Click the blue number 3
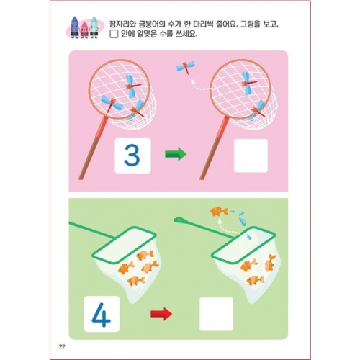click(132, 156)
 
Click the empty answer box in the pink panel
click(250, 156)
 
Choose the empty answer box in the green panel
click(216, 314)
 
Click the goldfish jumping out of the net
click(218, 211)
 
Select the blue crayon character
click(93, 27)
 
